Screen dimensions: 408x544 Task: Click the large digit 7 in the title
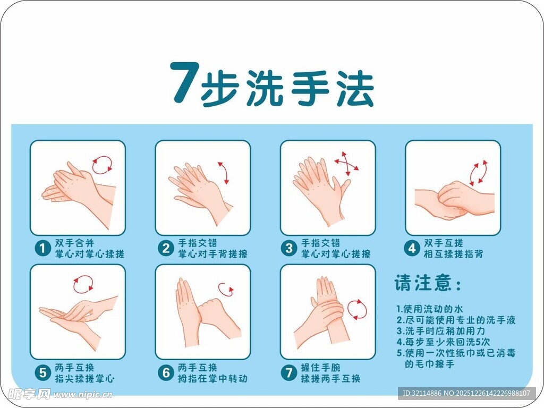pos(184,83)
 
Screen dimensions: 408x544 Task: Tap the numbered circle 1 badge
pos(42,248)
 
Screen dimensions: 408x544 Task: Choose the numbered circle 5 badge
pos(42,373)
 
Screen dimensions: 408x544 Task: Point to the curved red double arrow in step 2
pos(224,173)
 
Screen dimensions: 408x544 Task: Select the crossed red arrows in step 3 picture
pos(346,164)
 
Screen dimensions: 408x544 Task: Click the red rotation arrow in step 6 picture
pos(226,290)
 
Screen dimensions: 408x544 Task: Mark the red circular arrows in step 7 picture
pos(357,309)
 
